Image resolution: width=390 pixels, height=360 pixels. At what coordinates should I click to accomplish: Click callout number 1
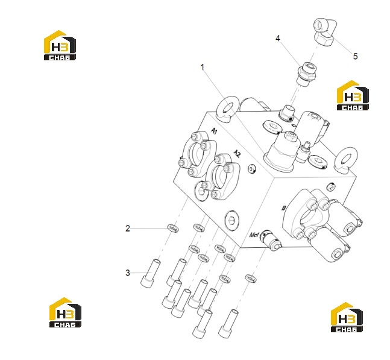(x=202, y=67)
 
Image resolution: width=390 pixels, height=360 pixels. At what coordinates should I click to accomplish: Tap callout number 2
(x=128, y=229)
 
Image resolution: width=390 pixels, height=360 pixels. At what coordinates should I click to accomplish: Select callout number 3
(x=128, y=273)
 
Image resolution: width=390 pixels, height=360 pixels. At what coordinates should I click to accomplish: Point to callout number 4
(x=278, y=39)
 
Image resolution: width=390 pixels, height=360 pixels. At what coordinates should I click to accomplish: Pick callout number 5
(x=356, y=57)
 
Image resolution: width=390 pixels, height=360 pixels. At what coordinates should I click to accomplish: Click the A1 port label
(x=214, y=131)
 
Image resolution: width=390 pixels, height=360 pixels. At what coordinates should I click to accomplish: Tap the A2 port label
(x=237, y=154)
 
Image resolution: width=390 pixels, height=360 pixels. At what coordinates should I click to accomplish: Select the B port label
(x=283, y=208)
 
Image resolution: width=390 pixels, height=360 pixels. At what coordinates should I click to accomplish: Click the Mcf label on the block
(x=254, y=235)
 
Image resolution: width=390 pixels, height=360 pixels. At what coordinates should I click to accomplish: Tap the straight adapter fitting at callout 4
(x=306, y=74)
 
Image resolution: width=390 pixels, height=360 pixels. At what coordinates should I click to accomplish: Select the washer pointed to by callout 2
(x=172, y=228)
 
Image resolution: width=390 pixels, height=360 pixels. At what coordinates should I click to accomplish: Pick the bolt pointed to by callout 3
(x=151, y=273)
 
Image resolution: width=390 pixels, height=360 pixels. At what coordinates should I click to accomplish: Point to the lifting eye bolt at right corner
(x=346, y=160)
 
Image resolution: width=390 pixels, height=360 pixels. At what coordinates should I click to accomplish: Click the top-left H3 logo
(x=60, y=45)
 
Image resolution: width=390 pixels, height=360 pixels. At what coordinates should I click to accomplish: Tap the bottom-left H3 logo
(x=65, y=312)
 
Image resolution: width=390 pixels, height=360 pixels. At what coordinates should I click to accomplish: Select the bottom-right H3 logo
(x=347, y=317)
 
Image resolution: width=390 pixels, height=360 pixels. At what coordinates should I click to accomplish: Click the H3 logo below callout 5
(x=353, y=95)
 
